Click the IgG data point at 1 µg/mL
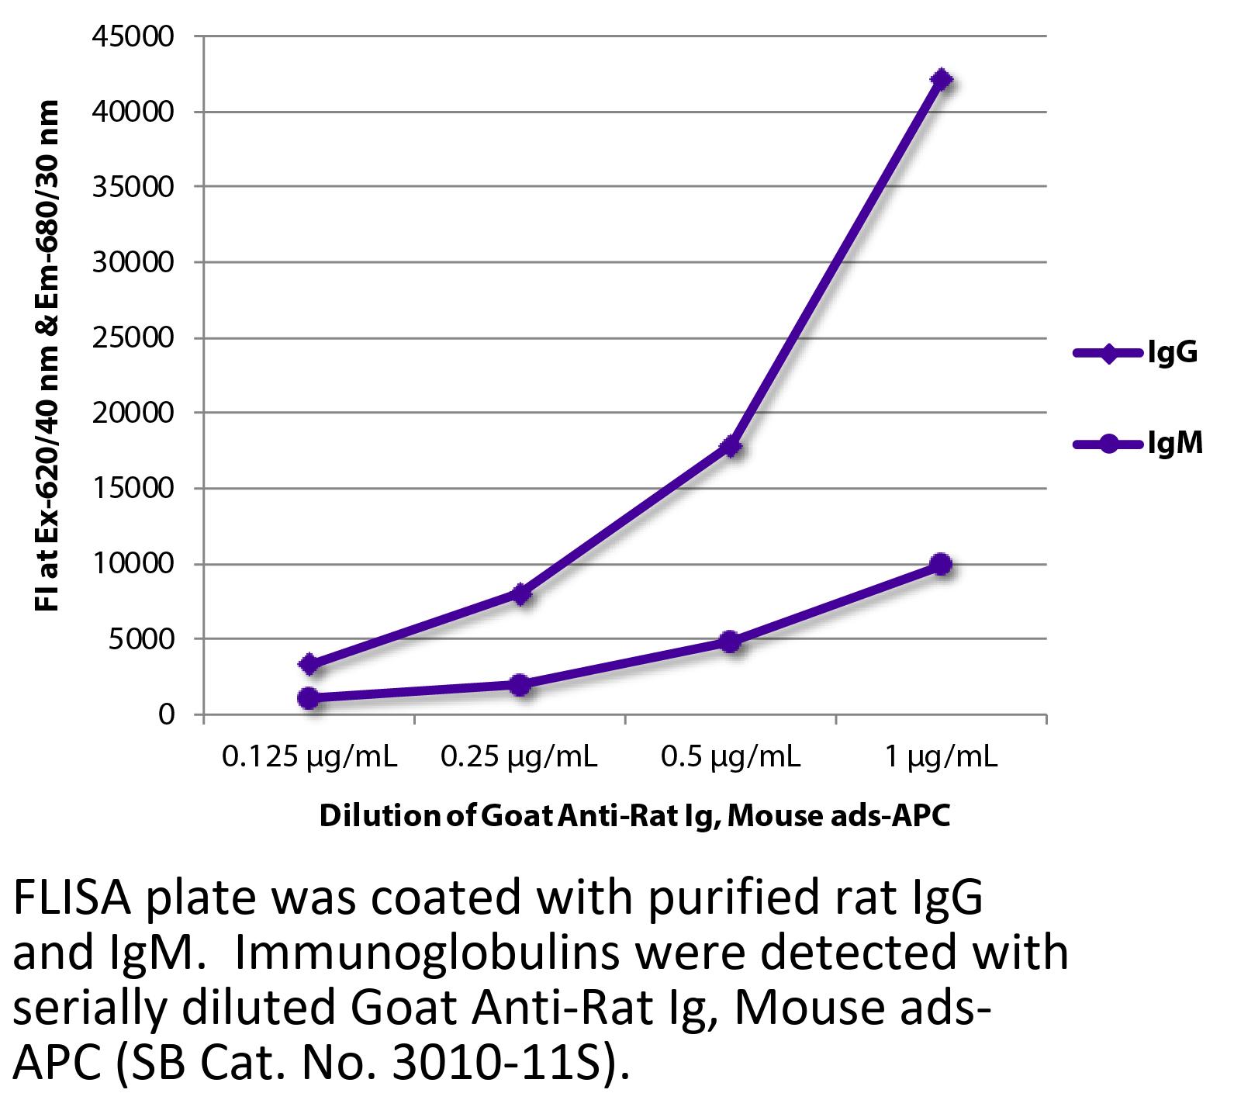click(941, 80)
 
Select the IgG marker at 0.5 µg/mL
click(731, 447)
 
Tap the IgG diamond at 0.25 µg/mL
click(521, 594)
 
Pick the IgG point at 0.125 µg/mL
click(309, 664)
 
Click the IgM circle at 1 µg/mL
click(941, 564)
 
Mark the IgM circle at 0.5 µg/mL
click(730, 642)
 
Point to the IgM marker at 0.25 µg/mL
click(520, 685)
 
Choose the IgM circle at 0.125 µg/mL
click(309, 698)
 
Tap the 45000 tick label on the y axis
click(134, 36)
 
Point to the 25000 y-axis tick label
click(134, 338)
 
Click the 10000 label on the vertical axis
click(134, 564)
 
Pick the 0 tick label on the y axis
click(166, 714)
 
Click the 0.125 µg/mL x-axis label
click(309, 756)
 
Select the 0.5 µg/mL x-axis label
click(730, 756)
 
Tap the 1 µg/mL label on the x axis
click(941, 756)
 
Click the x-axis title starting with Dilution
click(634, 817)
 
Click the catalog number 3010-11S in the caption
click(504, 1067)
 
